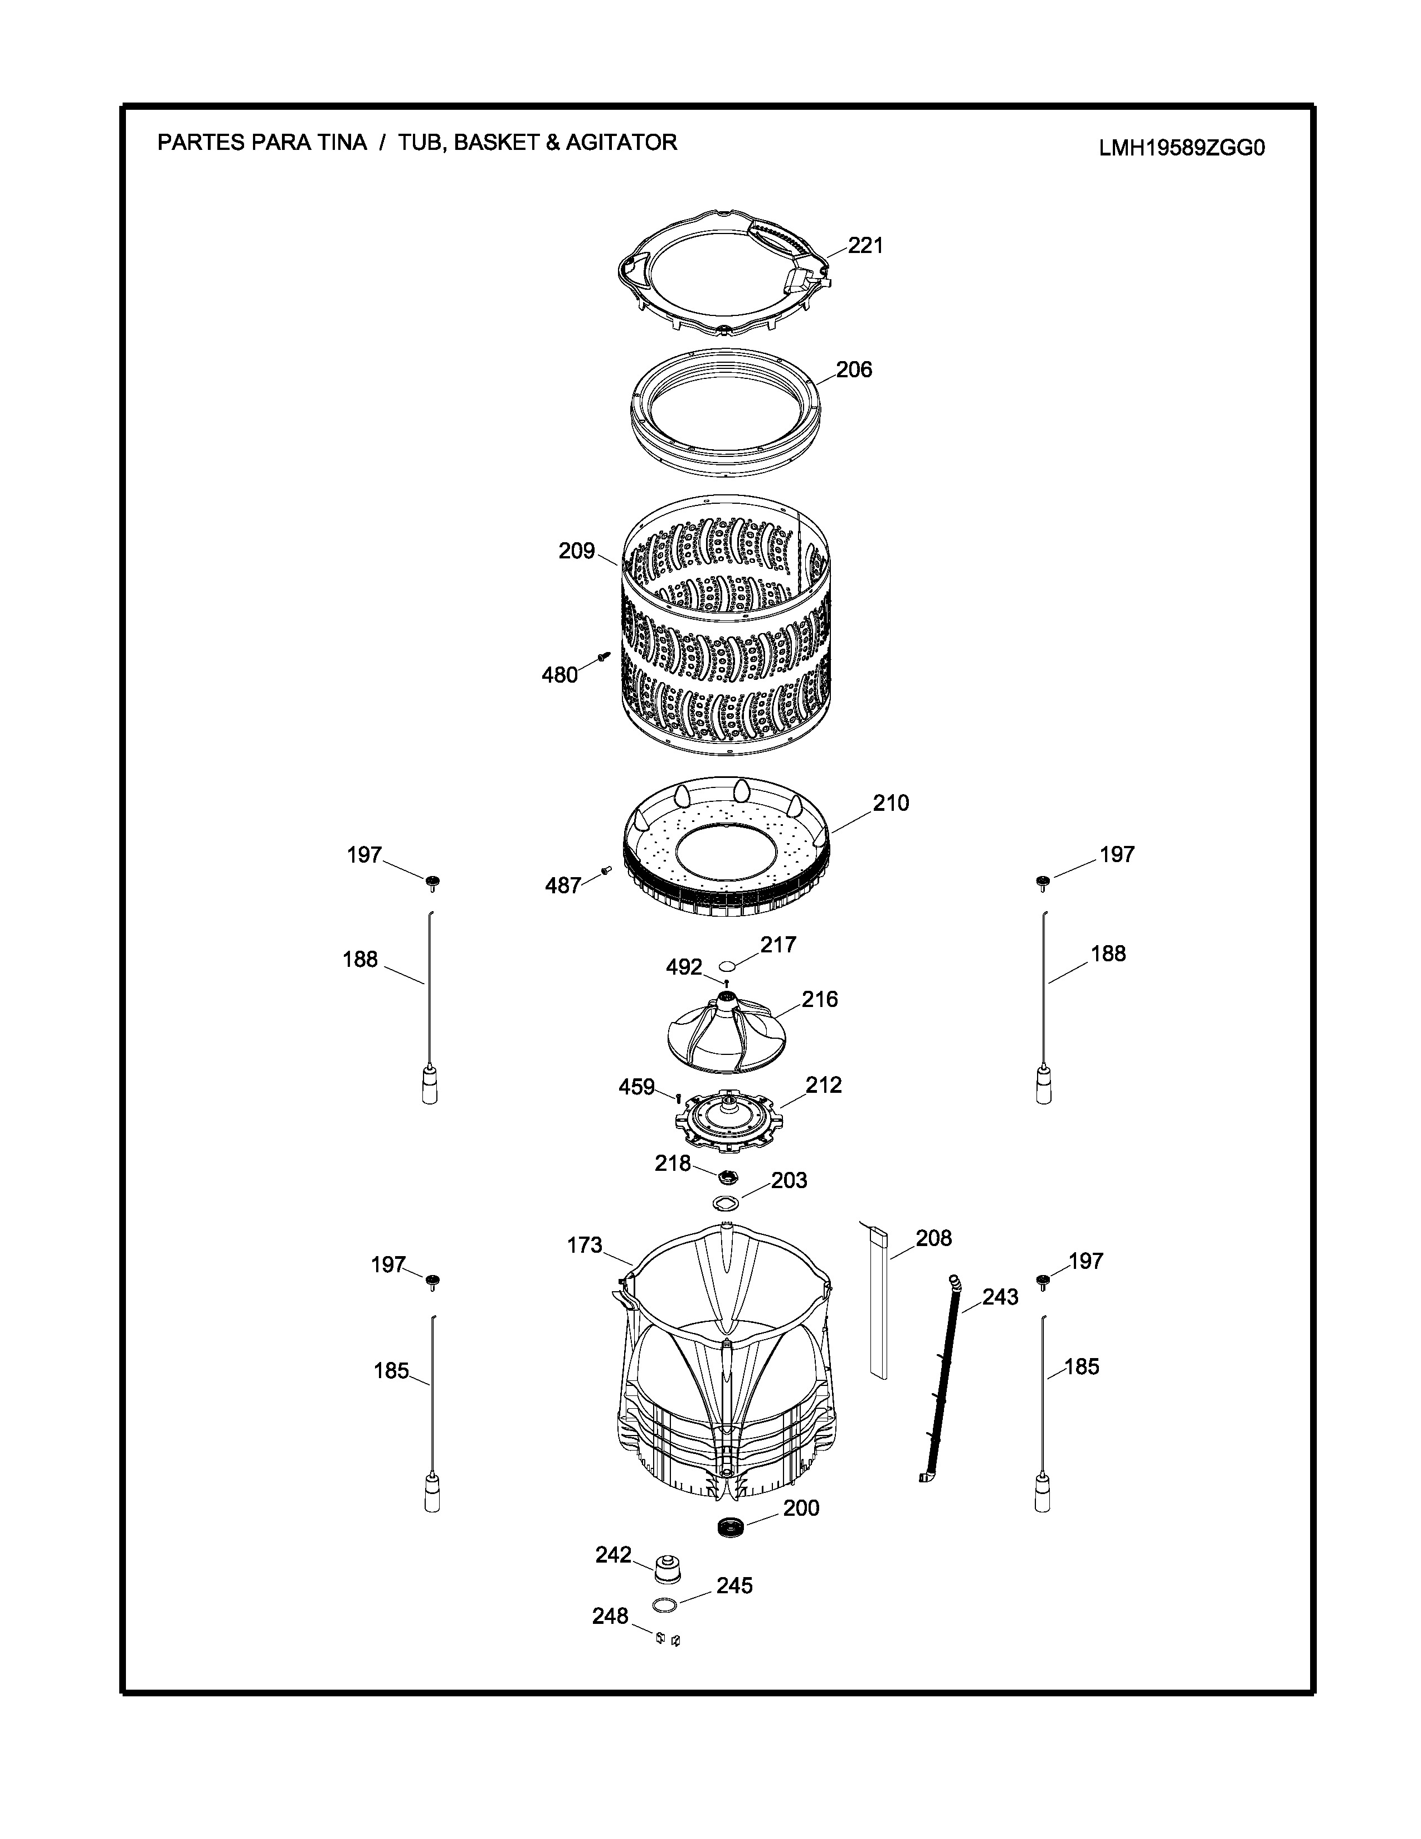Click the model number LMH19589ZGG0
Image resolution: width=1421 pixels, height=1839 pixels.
click(1182, 148)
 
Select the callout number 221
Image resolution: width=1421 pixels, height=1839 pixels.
click(865, 245)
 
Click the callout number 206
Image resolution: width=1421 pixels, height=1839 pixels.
click(854, 369)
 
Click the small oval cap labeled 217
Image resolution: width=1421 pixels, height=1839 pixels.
click(731, 966)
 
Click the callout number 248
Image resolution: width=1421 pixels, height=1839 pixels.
click(610, 1616)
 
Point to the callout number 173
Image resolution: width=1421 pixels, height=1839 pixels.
click(585, 1244)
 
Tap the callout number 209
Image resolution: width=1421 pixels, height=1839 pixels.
click(577, 552)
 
